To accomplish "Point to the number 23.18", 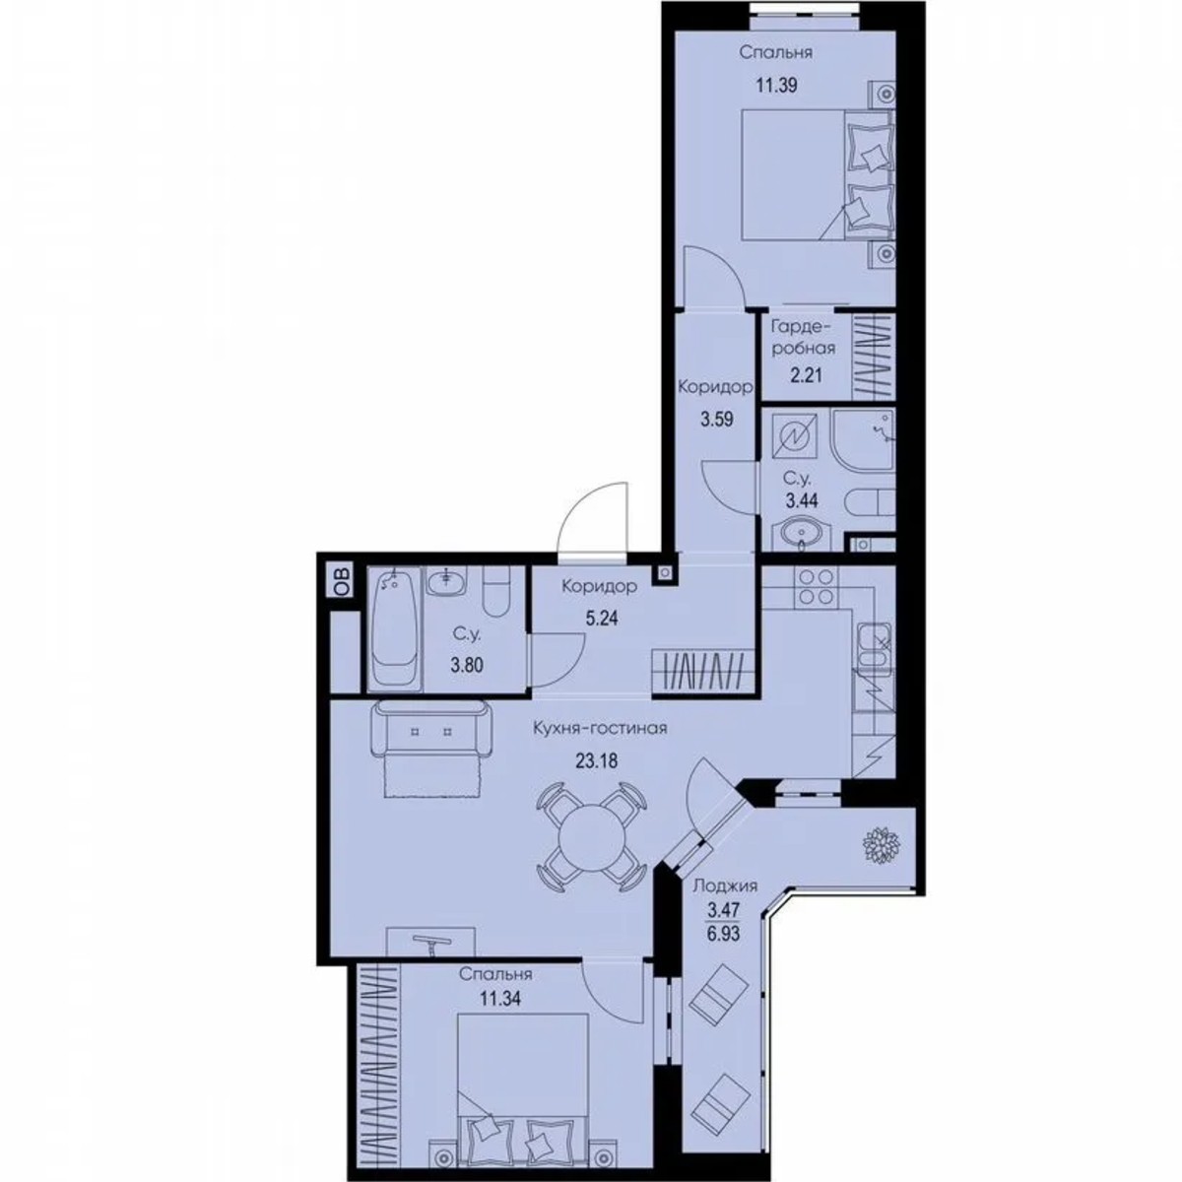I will [x=596, y=759].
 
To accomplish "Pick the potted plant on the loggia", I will [x=877, y=846].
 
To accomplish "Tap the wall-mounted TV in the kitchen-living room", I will [x=430, y=944].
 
